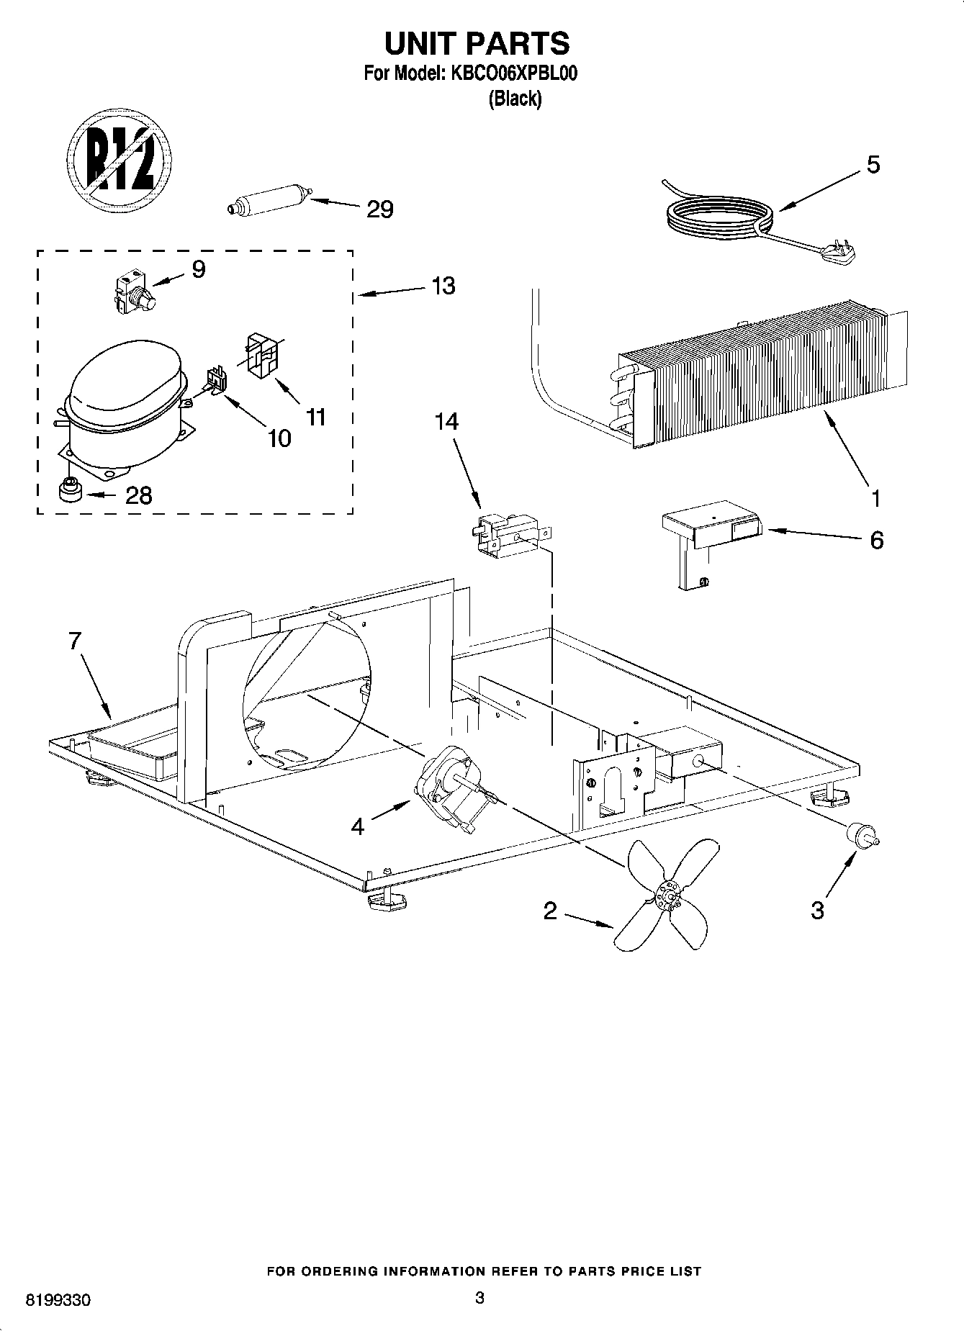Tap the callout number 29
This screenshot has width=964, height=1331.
(380, 209)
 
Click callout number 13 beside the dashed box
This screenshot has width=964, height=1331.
(443, 286)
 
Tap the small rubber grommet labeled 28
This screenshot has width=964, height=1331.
(70, 491)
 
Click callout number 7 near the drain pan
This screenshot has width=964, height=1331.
(75, 641)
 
